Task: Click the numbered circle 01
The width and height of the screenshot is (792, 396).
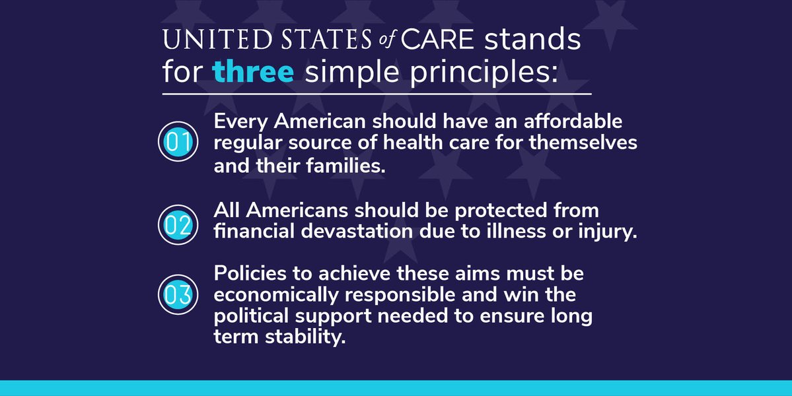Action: [x=178, y=142]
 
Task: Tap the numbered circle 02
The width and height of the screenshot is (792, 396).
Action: [x=178, y=224]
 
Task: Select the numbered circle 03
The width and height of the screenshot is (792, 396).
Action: [x=178, y=294]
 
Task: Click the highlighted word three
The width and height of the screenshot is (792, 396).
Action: [x=253, y=71]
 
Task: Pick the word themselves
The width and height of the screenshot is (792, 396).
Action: [x=583, y=143]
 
